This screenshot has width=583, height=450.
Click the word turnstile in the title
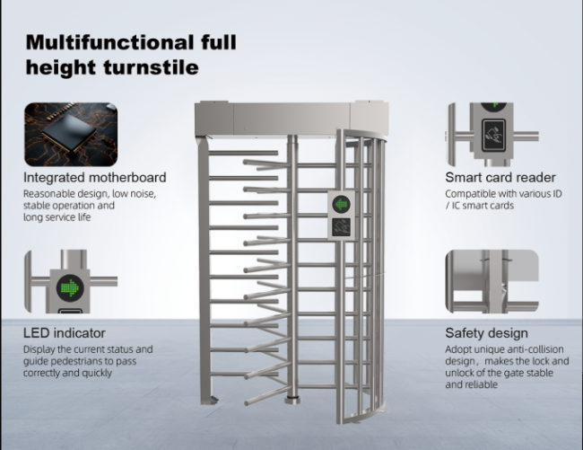coord(151,67)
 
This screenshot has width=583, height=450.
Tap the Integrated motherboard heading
coord(95,178)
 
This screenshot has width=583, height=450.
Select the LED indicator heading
coord(65,332)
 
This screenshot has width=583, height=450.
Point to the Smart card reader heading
coord(500,178)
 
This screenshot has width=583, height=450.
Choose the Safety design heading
coord(486,333)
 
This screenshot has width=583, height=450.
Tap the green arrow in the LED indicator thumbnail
coord(70,287)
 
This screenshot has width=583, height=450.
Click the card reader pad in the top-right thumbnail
coord(494,135)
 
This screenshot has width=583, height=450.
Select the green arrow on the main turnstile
coord(342,204)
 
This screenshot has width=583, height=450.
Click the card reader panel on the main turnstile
coord(342,228)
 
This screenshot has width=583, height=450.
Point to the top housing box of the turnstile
coord(291,118)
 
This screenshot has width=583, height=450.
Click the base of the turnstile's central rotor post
coord(292,400)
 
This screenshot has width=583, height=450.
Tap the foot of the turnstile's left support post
coord(209,401)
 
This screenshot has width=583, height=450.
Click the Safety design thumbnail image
coord(492,281)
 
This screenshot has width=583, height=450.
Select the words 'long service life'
coord(57,217)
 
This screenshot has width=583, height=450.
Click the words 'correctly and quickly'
coord(67,373)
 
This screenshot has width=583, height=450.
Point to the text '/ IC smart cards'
coord(480,206)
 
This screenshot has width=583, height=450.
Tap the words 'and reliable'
coord(472,384)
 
